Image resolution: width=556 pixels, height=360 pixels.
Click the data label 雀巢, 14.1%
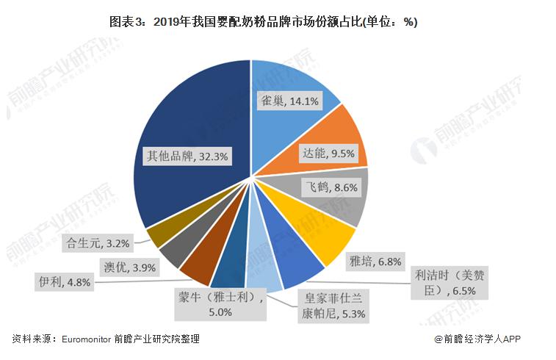pos(290,102)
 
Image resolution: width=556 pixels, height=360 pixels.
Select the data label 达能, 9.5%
pos(328,154)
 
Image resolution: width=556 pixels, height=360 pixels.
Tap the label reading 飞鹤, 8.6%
pos(332,187)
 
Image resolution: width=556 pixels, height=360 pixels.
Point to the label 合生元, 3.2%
pos(87,241)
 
